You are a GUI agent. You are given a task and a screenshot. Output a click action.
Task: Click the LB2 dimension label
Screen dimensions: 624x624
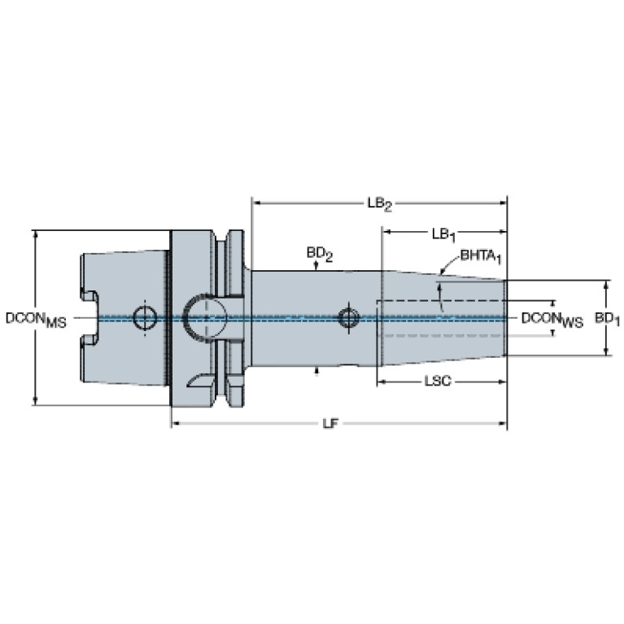coord(379,204)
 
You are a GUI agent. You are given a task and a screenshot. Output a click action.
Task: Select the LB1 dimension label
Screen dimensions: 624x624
coord(443,235)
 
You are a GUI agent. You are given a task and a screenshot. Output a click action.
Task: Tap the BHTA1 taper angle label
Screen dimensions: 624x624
coord(481,256)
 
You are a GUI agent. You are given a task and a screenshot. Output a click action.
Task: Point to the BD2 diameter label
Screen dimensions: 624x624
coord(319,254)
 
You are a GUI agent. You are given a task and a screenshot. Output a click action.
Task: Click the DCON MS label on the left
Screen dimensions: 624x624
coord(36,320)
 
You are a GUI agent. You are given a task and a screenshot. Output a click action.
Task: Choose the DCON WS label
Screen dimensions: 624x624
coord(552,320)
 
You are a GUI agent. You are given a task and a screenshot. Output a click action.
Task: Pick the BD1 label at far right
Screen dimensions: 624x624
coord(607,319)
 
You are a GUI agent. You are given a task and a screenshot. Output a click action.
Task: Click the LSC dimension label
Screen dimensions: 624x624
coord(438,382)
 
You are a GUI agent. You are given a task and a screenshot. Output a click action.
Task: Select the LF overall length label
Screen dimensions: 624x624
coord(330,423)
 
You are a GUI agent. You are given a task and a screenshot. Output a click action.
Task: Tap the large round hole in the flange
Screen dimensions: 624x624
coord(205,318)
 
